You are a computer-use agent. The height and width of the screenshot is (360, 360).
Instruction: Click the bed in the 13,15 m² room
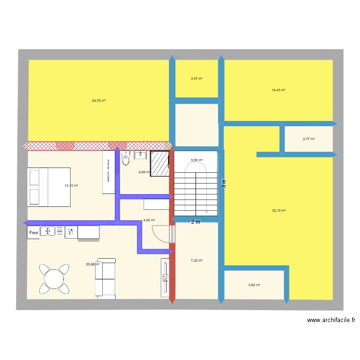click(x=49, y=187)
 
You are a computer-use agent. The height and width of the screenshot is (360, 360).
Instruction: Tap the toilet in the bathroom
click(x=126, y=158)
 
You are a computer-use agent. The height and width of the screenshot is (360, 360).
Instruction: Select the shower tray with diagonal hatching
click(x=160, y=164)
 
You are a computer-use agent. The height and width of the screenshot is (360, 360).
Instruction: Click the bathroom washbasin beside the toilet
click(x=140, y=155)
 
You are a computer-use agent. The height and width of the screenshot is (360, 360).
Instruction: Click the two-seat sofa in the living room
click(x=106, y=277)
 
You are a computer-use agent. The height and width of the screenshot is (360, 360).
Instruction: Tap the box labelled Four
click(x=34, y=233)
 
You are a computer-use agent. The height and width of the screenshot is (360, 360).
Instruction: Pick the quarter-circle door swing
click(x=161, y=234)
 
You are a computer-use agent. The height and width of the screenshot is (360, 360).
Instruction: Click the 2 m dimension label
click(x=195, y=222)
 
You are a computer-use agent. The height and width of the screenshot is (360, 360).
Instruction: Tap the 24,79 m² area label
click(x=99, y=101)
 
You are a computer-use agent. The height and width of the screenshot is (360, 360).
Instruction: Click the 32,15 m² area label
click(x=278, y=210)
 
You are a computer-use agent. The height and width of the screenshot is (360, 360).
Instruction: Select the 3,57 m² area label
click(x=196, y=79)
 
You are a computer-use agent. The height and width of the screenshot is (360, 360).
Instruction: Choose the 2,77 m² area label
click(x=308, y=139)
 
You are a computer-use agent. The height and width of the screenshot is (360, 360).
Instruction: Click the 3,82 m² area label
click(x=254, y=285)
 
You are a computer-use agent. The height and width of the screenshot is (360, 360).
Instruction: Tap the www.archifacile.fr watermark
click(x=331, y=321)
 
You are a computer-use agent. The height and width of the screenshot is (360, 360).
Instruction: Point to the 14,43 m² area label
click(x=278, y=90)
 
